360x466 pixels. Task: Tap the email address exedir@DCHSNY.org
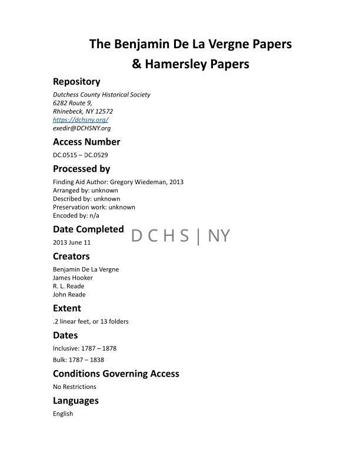[82, 128]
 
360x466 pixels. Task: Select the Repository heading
[76, 82]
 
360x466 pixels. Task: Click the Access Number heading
[86, 142]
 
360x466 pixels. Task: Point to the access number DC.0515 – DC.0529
[81, 155]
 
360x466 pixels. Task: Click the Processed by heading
[82, 169]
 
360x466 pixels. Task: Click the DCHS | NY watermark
[181, 236]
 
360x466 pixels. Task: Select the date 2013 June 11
[72, 242]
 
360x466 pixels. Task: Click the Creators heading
[71, 257]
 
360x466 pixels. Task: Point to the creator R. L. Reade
[69, 286]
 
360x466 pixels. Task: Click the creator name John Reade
[69, 294]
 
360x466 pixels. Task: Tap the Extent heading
[67, 308]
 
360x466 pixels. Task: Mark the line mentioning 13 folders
[91, 321]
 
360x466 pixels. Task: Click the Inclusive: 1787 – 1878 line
[85, 348]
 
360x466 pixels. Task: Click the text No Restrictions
[75, 387]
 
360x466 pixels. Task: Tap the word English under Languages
[63, 414]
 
